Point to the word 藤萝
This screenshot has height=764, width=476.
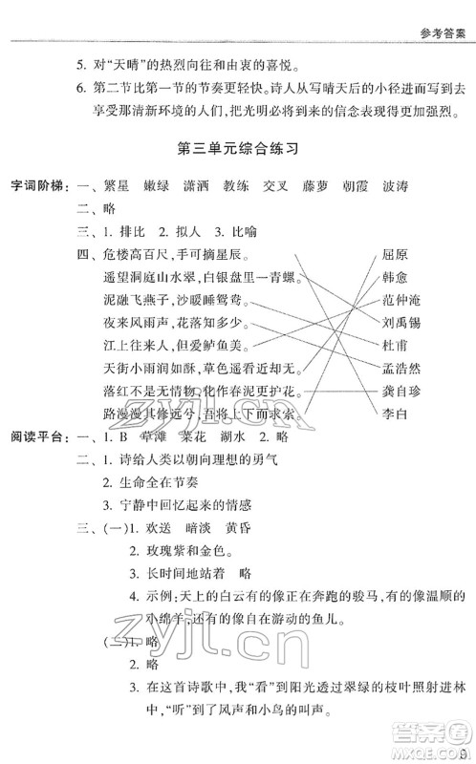click(314, 184)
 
